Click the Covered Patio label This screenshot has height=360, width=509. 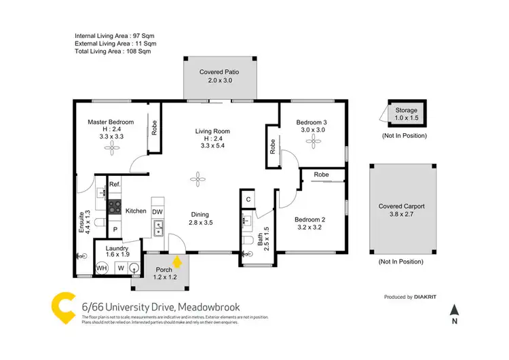point(219,71)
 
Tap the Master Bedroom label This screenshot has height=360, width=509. point(111,122)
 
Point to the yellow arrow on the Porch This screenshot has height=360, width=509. point(177,261)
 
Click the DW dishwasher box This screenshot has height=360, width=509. point(157,212)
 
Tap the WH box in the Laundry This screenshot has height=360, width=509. point(102,268)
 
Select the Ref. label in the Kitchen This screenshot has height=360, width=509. point(115,184)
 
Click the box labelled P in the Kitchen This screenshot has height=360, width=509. point(115,230)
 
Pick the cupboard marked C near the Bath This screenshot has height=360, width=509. point(249,199)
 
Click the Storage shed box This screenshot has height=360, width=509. point(407,114)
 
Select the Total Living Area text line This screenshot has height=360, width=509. point(113,51)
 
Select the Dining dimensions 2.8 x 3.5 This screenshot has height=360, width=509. point(201,222)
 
